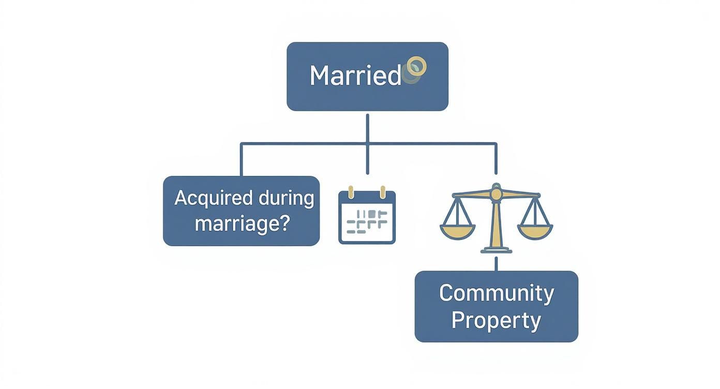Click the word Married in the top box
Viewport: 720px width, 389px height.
point(355,76)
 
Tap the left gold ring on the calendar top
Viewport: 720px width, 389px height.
point(350,192)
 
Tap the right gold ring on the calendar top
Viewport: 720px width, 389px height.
point(383,192)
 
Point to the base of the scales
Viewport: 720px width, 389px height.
point(496,250)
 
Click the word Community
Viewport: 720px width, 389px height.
point(496,293)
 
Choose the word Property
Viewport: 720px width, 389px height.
point(496,320)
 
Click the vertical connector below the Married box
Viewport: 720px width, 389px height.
point(367,127)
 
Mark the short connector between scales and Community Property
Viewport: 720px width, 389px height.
point(496,263)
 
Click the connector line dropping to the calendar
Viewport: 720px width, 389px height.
point(367,160)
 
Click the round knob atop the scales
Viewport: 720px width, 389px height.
point(496,193)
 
